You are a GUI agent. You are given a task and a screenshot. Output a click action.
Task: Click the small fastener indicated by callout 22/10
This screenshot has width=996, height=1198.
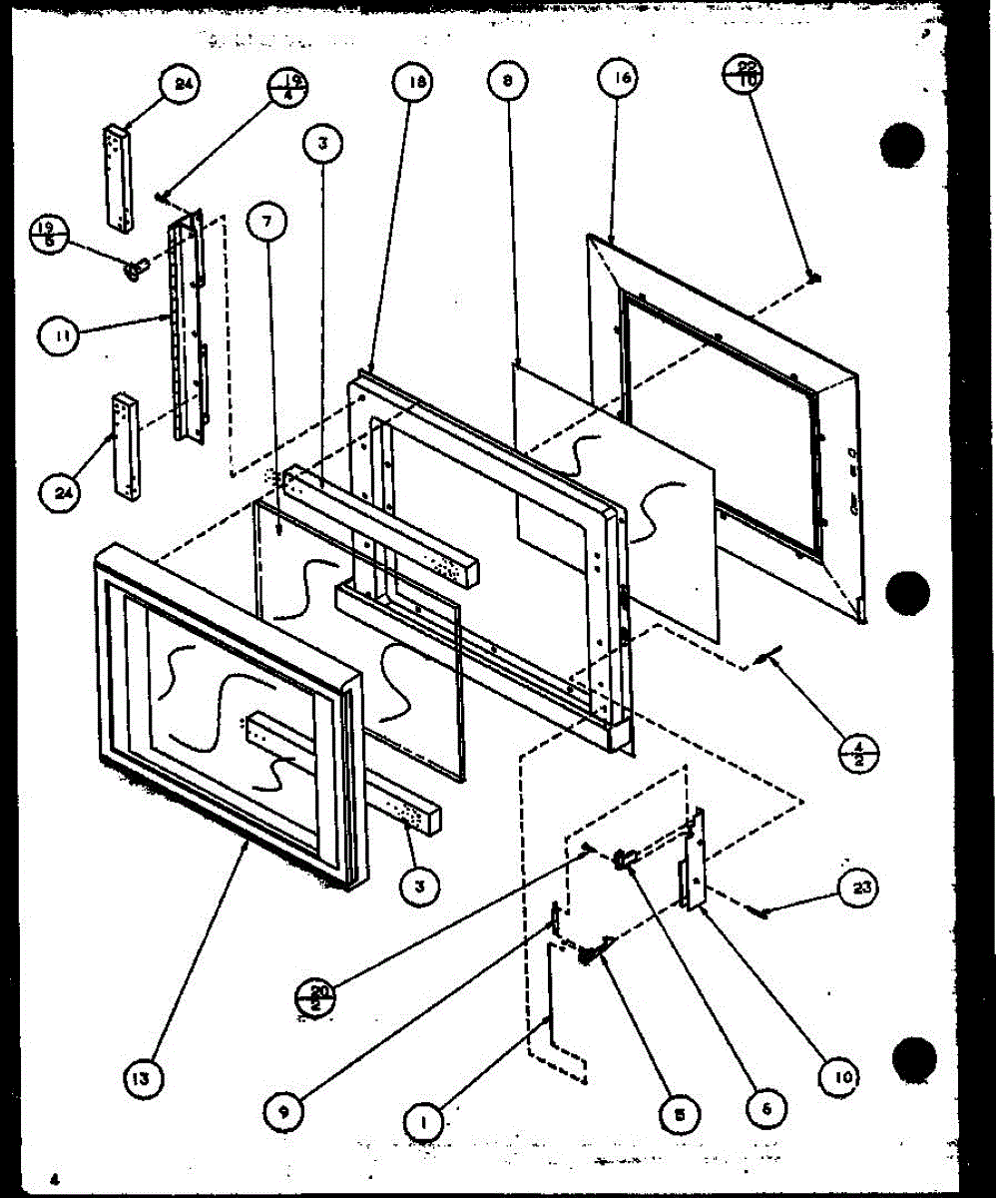(814, 276)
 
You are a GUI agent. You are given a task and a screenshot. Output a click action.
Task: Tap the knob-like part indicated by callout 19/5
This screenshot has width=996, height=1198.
(133, 267)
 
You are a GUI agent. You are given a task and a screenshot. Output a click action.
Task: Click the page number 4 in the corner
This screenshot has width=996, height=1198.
(58, 1179)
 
